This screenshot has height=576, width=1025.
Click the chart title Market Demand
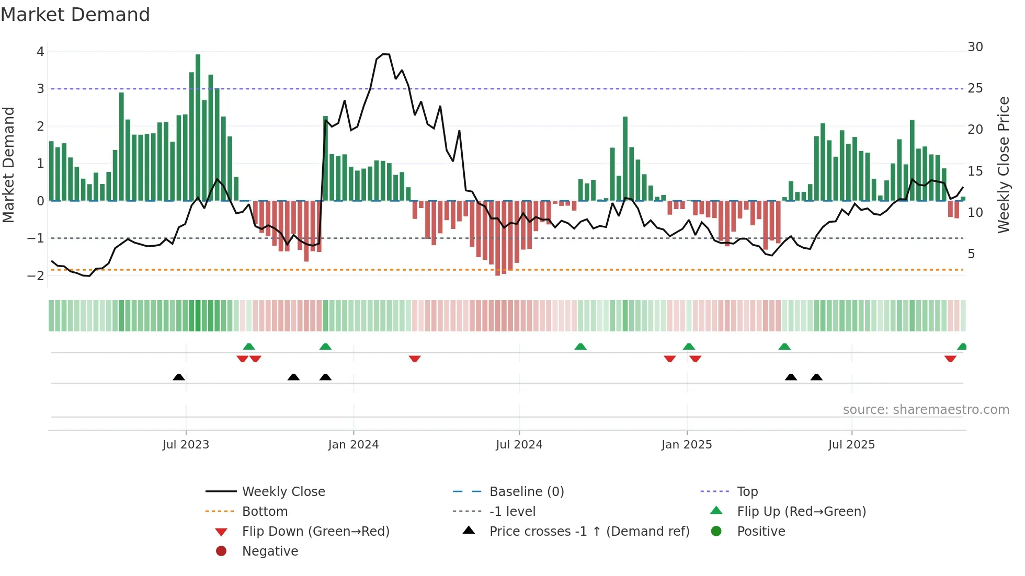point(75,15)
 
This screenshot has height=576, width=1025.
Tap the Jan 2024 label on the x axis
point(353,445)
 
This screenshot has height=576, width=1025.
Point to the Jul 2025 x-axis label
point(851,445)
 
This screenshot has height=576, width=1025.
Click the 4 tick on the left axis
point(40,52)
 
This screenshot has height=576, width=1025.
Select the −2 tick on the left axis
point(36,276)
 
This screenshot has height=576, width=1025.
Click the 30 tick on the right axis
point(975,47)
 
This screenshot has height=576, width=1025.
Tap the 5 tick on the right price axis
point(971,254)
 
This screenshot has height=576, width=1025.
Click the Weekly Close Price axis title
point(1003,165)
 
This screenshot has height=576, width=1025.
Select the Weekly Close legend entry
point(283,492)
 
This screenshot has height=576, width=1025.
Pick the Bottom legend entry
point(265,512)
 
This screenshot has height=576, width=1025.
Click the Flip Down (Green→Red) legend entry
point(315,532)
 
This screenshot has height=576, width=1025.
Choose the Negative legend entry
point(270,551)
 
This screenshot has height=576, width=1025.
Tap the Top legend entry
point(747,492)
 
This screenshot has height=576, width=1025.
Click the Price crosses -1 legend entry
point(589,532)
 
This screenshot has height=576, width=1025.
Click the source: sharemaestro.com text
point(926,410)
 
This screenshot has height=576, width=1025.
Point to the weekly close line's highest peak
point(385,54)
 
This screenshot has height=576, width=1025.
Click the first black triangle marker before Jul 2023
point(179,377)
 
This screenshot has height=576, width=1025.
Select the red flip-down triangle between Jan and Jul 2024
point(415,359)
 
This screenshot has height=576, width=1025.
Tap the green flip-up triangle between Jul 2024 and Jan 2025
point(580,347)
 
